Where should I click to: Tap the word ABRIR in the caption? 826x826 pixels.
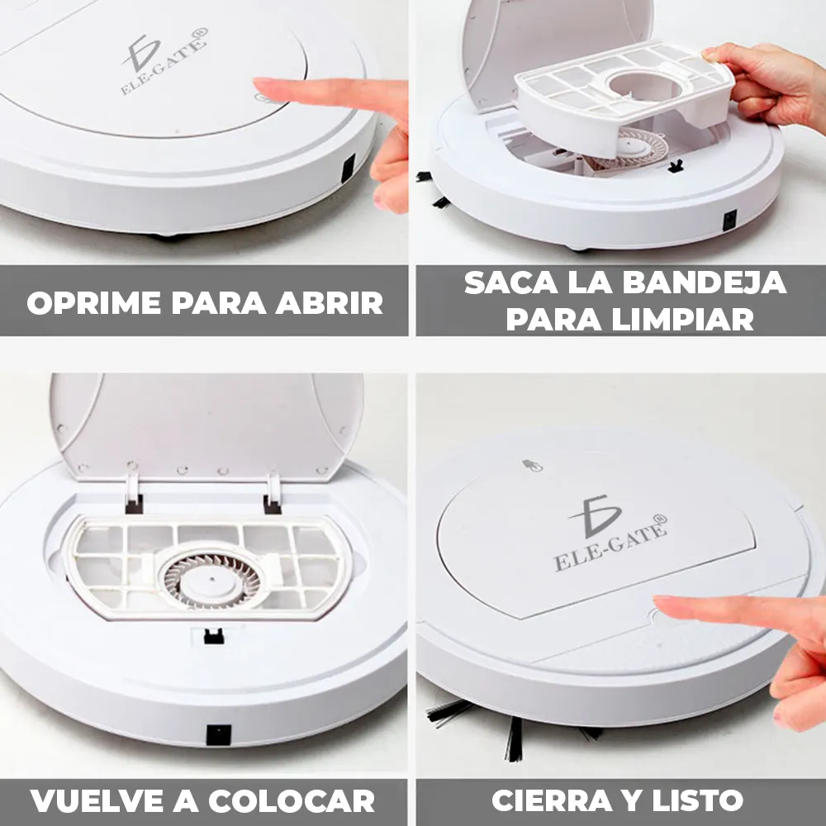[330, 302]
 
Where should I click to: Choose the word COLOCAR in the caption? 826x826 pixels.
[292, 801]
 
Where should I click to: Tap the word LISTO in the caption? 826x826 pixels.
[697, 800]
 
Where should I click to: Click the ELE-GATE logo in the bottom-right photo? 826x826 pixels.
[610, 533]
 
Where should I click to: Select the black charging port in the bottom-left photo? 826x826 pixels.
[219, 734]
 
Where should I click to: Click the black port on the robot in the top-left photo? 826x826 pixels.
[349, 169]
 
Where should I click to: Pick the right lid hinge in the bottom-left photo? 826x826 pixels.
[273, 494]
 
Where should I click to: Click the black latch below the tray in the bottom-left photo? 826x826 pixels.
[214, 636]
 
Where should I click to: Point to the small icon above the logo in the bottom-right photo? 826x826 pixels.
[532, 465]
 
